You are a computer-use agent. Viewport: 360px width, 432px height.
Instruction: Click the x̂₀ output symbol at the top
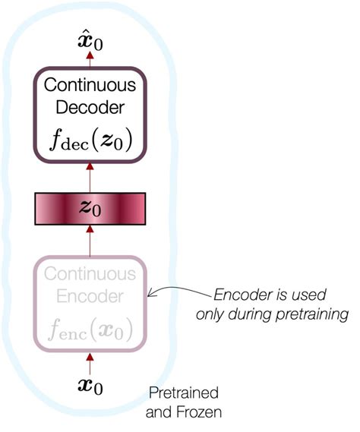click(x=90, y=40)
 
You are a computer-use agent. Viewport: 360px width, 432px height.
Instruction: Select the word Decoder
click(x=90, y=110)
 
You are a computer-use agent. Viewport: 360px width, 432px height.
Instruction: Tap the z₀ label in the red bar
click(x=90, y=207)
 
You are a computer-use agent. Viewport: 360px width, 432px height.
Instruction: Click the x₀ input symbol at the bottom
click(x=90, y=386)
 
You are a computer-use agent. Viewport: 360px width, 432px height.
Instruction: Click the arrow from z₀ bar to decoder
click(x=90, y=179)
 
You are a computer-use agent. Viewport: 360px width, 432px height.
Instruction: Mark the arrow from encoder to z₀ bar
click(x=90, y=241)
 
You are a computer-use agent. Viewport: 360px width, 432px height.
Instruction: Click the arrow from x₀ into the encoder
click(x=90, y=362)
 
